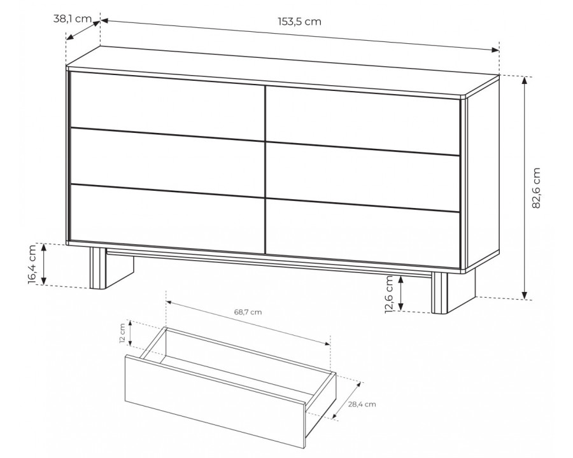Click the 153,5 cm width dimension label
(x=300, y=22)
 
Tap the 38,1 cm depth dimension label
(x=73, y=18)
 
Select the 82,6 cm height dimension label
(x=535, y=188)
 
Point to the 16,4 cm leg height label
(x=32, y=264)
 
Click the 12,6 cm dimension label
(x=389, y=295)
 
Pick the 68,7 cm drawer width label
(x=248, y=312)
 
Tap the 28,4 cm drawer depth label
(x=362, y=405)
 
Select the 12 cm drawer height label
(x=122, y=333)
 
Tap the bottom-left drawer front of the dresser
(x=167, y=218)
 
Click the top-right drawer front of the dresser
(x=362, y=120)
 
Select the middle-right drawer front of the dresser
(x=362, y=177)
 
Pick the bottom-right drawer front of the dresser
(x=362, y=233)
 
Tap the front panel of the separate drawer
(x=215, y=401)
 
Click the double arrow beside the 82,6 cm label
(x=525, y=188)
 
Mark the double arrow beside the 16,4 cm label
(x=43, y=264)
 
